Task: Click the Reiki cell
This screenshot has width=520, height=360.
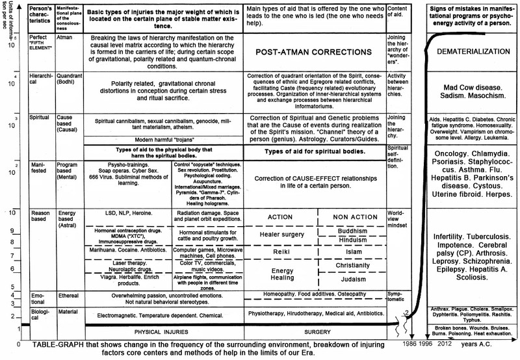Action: [281, 251]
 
